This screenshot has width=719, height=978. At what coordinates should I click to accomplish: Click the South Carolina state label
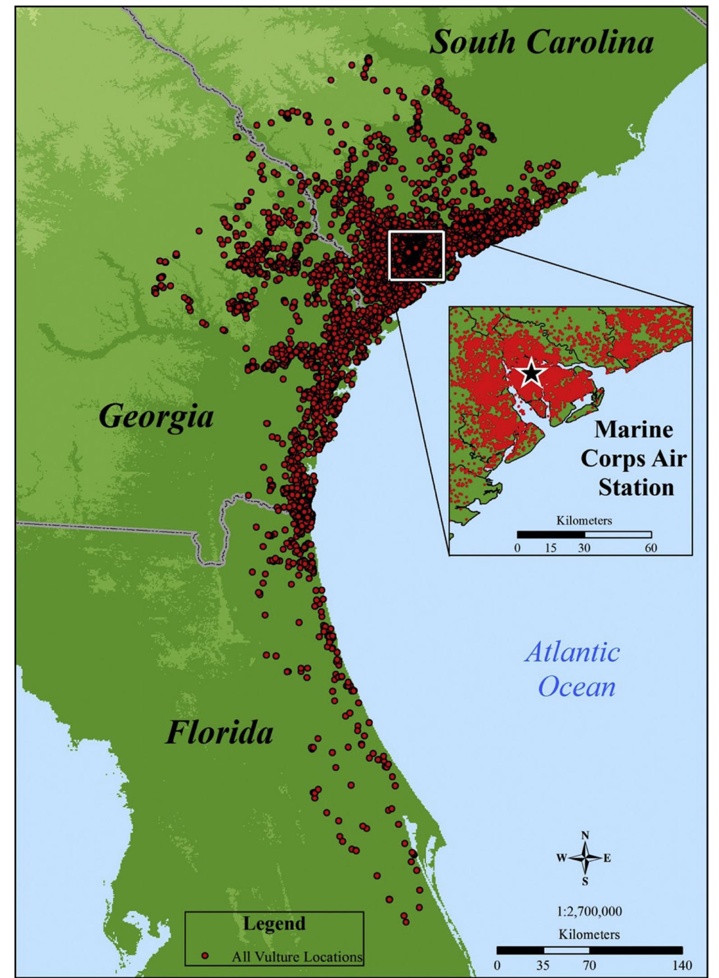[x=541, y=43]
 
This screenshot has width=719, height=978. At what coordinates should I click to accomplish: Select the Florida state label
[x=220, y=733]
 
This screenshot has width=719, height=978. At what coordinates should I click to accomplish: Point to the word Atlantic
[x=572, y=652]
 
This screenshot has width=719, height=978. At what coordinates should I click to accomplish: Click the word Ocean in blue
[x=577, y=687]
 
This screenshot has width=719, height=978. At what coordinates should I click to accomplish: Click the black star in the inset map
[x=532, y=373]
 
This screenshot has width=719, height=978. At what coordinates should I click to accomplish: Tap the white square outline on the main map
[x=416, y=256]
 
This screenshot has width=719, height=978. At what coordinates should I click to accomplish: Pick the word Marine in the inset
[x=633, y=430]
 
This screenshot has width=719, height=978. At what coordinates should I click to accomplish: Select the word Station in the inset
[x=636, y=488]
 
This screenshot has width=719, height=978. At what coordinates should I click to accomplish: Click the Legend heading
[x=274, y=923]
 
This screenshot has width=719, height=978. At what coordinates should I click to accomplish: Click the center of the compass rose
[x=585, y=858]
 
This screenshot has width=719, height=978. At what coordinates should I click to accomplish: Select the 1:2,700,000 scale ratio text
[x=590, y=911]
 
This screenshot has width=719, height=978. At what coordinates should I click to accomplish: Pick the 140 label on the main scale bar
[x=682, y=965]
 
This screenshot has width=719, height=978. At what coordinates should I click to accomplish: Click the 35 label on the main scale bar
[x=544, y=965]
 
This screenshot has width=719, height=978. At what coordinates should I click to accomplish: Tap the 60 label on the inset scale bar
[x=651, y=548]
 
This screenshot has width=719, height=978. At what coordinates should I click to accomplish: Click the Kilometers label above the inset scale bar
[x=584, y=521]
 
